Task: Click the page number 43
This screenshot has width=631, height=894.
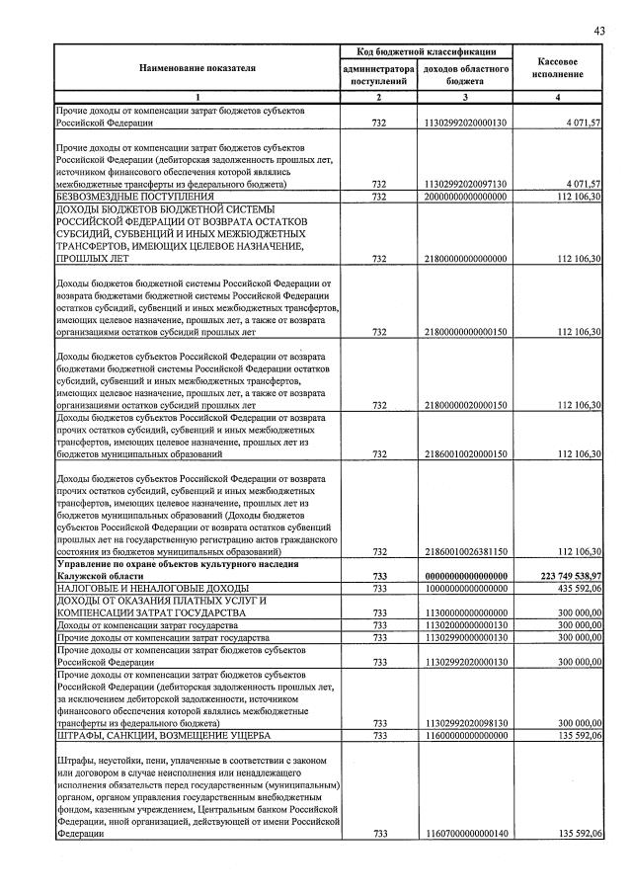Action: (x=598, y=31)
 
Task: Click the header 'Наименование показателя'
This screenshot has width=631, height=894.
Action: (x=197, y=68)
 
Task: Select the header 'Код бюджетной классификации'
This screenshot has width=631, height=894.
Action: (x=426, y=50)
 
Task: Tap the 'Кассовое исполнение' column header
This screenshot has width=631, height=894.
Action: (x=559, y=68)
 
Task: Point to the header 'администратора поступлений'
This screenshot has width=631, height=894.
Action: (x=377, y=75)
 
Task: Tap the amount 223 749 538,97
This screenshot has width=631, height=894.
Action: (x=560, y=575)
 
